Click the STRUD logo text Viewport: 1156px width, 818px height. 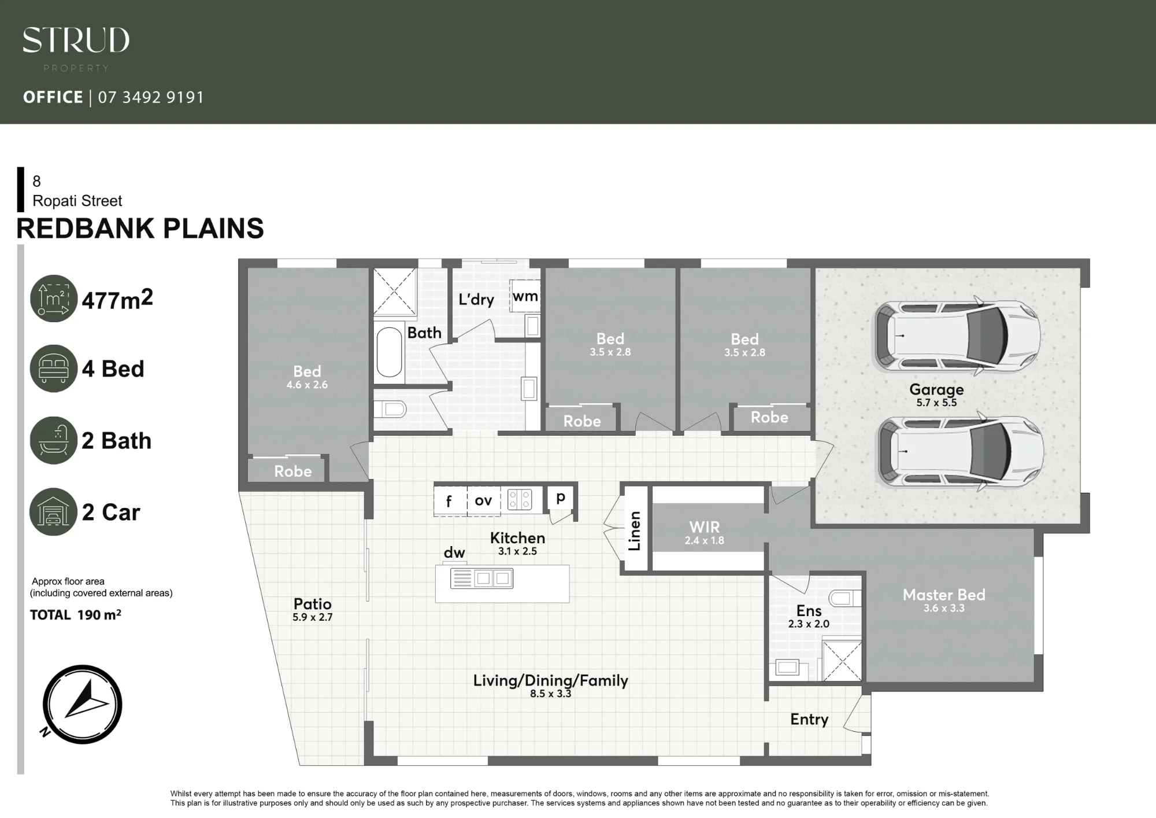tap(76, 40)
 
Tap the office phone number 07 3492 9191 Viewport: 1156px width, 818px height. tap(151, 97)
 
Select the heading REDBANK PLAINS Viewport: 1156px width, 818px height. tap(140, 229)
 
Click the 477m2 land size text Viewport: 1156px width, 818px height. tap(117, 300)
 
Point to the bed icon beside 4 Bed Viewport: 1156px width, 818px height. tap(54, 369)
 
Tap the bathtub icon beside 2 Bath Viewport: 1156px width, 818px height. tap(54, 440)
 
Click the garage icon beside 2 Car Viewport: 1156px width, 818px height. tap(54, 512)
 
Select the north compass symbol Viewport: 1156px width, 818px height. tap(82, 705)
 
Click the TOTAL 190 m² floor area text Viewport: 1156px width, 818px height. tap(76, 615)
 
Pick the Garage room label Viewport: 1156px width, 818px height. tap(936, 389)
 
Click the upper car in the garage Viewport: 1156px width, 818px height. tap(957, 336)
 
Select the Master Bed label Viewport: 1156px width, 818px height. tap(944, 595)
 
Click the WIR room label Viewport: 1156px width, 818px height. tap(705, 527)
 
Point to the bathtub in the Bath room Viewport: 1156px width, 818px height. tap(389, 352)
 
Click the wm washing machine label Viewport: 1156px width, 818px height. tap(525, 296)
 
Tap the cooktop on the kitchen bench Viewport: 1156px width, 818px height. tap(520, 499)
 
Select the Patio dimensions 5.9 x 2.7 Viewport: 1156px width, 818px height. tap(313, 617)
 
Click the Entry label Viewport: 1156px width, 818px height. tap(809, 720)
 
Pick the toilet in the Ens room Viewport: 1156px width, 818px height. tap(844, 598)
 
